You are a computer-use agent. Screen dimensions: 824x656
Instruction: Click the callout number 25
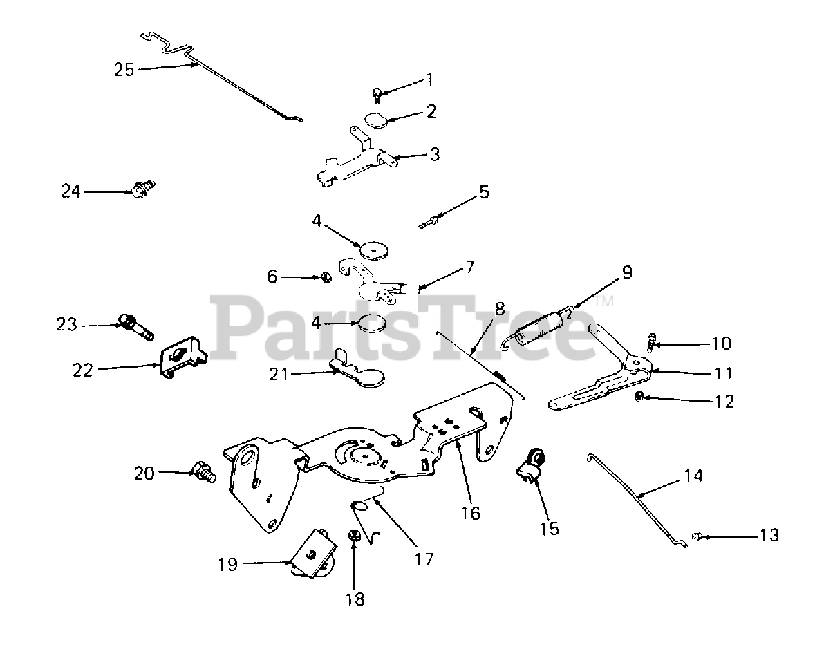point(124,70)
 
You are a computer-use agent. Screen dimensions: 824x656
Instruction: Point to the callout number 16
point(471,513)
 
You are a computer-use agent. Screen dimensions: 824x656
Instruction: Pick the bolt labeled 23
point(136,327)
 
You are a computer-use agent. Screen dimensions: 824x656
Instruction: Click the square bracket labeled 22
point(182,358)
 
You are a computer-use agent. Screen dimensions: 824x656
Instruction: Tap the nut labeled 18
point(353,536)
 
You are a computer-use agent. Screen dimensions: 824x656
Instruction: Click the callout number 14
point(694,476)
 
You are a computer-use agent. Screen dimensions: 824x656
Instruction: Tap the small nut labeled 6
point(326,277)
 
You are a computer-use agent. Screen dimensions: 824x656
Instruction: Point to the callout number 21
point(278,374)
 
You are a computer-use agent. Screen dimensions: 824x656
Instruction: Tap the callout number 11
point(723,373)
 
